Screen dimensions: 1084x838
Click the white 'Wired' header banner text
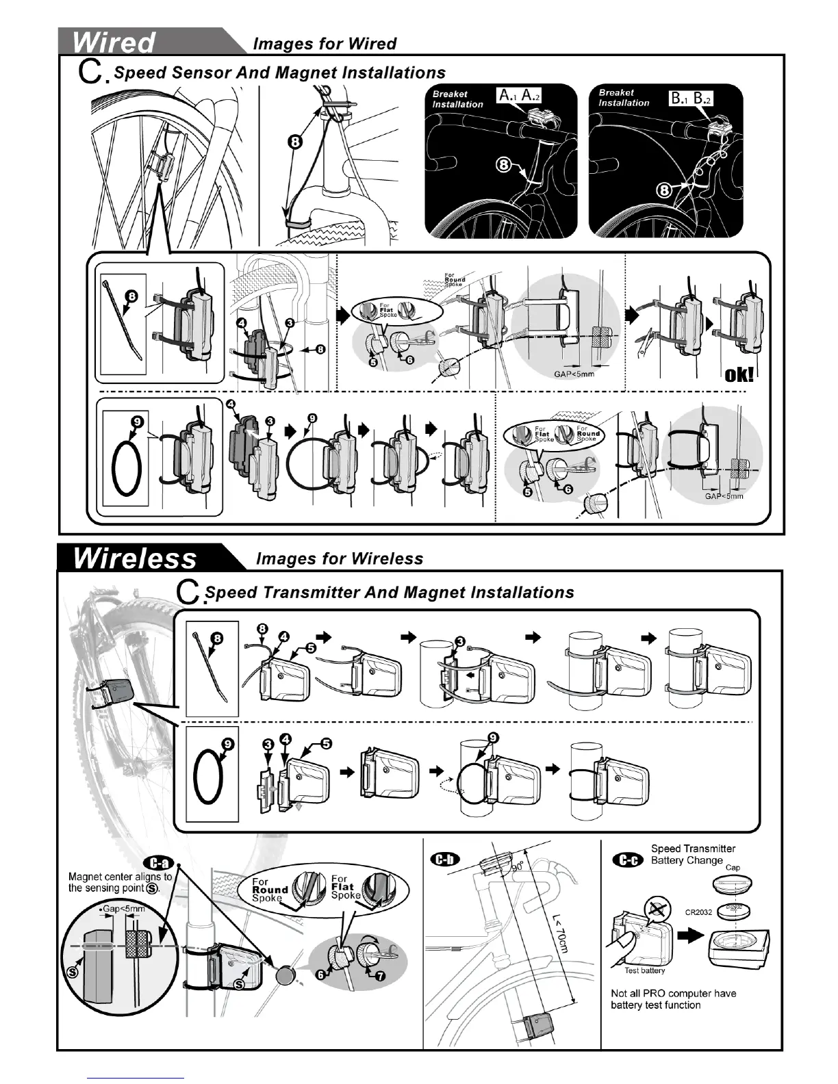tap(114, 42)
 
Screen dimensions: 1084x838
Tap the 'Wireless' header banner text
tap(134, 558)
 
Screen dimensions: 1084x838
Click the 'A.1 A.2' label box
tap(519, 96)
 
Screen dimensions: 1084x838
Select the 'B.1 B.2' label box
tap(691, 99)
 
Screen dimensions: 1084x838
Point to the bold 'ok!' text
tap(739, 374)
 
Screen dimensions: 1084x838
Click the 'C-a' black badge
tap(157, 862)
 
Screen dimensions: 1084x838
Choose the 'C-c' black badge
tap(626, 859)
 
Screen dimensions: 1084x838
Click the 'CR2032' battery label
tap(698, 912)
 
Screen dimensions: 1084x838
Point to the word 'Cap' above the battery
tap(733, 868)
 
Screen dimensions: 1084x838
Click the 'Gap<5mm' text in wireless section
tap(125, 909)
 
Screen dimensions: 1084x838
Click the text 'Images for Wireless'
tap(340, 558)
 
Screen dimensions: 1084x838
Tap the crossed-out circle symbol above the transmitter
tap(655, 909)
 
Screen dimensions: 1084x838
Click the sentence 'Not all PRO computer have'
tap(673, 993)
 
